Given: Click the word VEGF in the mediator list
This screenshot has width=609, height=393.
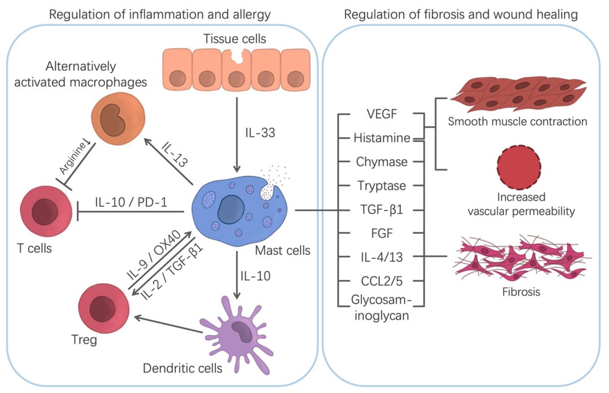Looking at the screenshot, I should coord(381,114).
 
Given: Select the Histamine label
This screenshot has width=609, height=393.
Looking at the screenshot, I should coord(382,138).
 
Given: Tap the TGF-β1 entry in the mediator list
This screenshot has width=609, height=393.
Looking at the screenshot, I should coord(381,210).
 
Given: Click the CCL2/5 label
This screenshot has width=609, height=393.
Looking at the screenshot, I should coord(381,281).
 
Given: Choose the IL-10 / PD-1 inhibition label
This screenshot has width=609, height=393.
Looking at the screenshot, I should coord(131,202).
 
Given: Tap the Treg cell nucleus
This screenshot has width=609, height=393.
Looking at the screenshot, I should coord(102,309).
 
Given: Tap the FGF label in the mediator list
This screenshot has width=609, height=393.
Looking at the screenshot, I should coord(381,233).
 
